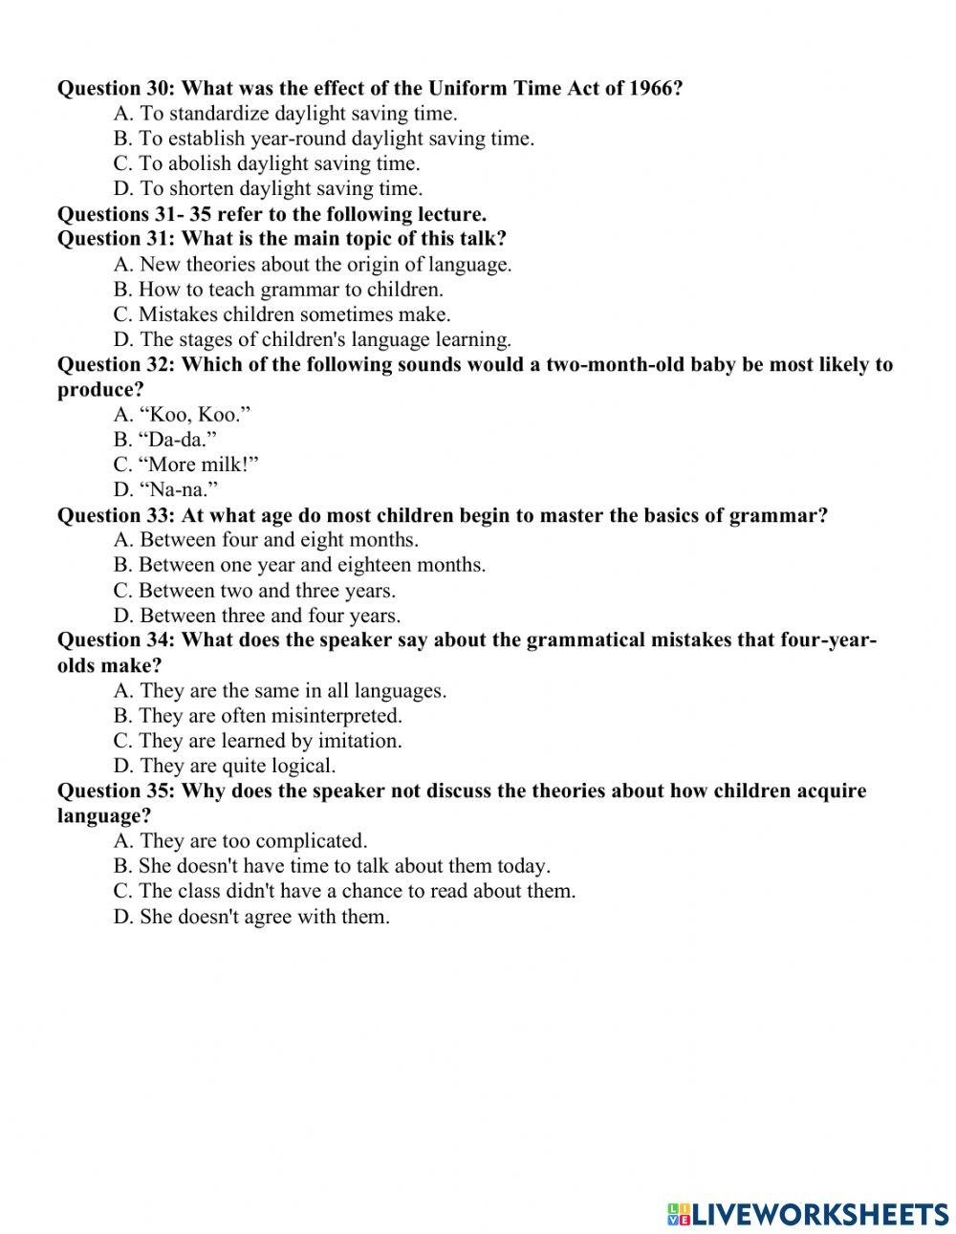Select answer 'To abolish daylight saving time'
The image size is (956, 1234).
pos(267,163)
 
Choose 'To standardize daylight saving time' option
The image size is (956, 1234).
pos(285,114)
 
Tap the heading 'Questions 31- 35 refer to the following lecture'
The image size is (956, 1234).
pos(272,214)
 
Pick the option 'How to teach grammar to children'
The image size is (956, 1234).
pos(278,289)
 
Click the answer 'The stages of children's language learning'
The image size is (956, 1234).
pos(313,339)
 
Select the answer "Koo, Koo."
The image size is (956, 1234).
pos(183,415)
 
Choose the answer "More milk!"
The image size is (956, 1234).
pos(186,465)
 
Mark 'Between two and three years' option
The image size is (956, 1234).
pos(254,591)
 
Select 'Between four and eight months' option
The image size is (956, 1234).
pos(266,540)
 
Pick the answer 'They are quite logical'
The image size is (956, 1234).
pos(225,766)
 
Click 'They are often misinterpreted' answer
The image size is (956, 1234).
pos(258,716)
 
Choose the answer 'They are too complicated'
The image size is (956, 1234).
pos(240,841)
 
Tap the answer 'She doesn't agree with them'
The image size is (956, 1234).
pos(251,917)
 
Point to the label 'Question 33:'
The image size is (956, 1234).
pos(116,516)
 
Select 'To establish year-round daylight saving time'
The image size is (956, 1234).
pos(324,139)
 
